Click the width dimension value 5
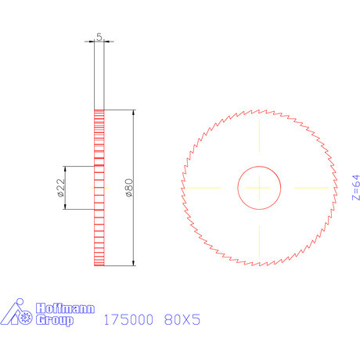pyautogui.click(x=99, y=37)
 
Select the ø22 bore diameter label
pyautogui.click(x=60, y=188)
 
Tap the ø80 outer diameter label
pyautogui.click(x=129, y=188)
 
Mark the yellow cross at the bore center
pyautogui.click(x=260, y=188)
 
